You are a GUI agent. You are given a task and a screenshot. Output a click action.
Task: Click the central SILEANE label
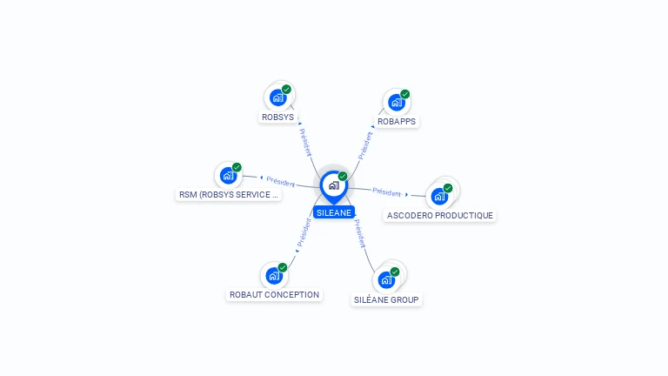click(334, 212)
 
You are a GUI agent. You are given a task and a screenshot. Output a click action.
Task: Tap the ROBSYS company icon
click(277, 97)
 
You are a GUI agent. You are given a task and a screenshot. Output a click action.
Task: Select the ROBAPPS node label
click(397, 121)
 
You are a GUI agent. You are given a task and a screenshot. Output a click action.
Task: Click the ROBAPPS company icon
click(397, 103)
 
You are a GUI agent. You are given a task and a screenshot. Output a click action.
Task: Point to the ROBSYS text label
click(278, 117)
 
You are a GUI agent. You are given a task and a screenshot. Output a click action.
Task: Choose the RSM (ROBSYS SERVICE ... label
click(228, 195)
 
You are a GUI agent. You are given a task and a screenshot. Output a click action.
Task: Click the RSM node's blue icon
click(228, 176)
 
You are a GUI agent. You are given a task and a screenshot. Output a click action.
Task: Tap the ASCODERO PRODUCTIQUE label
click(439, 215)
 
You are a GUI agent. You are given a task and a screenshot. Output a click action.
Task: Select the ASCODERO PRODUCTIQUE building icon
click(439, 196)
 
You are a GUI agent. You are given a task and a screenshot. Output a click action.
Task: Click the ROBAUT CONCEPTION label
click(274, 295)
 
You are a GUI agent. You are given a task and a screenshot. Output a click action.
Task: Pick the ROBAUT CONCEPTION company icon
click(274, 276)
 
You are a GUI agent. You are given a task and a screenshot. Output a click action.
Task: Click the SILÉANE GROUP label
click(386, 299)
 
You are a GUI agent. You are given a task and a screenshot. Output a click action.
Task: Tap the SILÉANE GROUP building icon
click(386, 280)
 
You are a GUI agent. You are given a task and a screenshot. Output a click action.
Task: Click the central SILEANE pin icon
click(333, 185)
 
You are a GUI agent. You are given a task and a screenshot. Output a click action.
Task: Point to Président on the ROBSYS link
click(305, 142)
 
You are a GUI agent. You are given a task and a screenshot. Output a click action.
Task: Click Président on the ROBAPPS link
click(365, 144)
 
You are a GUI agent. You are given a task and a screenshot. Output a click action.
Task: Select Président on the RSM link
click(281, 181)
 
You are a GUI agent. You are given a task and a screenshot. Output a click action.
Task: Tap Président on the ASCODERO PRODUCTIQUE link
click(387, 192)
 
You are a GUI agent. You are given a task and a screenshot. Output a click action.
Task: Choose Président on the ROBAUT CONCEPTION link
click(304, 233)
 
